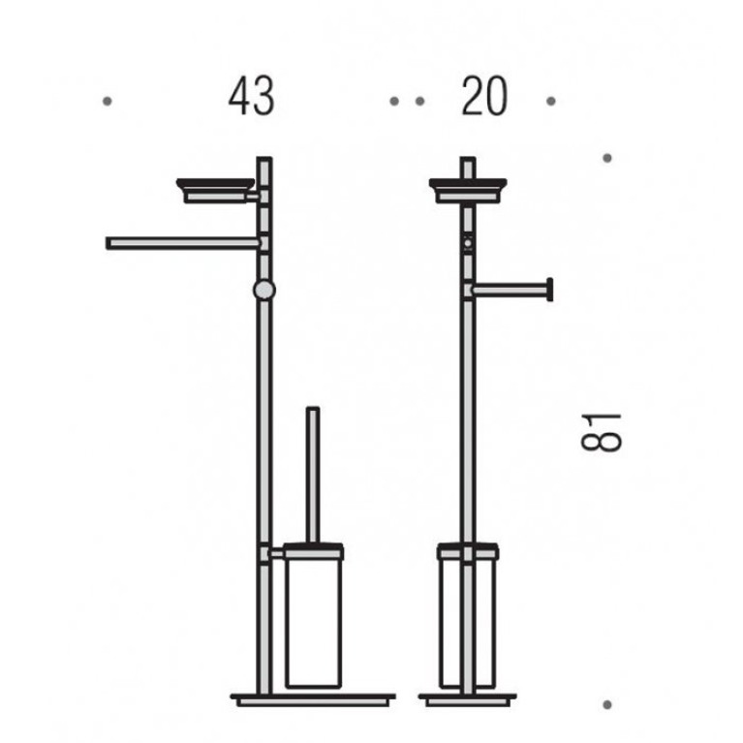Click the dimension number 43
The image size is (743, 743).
coord(251,97)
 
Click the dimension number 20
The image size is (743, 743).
coord(484,97)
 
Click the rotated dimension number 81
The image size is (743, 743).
coord(601,433)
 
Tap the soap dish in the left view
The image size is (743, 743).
coord(216,191)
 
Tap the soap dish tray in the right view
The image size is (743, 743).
coord(468,191)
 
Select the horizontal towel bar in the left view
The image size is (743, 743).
coord(182,243)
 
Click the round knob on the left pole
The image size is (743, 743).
coord(263,290)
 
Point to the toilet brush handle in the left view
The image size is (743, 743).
coord(313,475)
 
